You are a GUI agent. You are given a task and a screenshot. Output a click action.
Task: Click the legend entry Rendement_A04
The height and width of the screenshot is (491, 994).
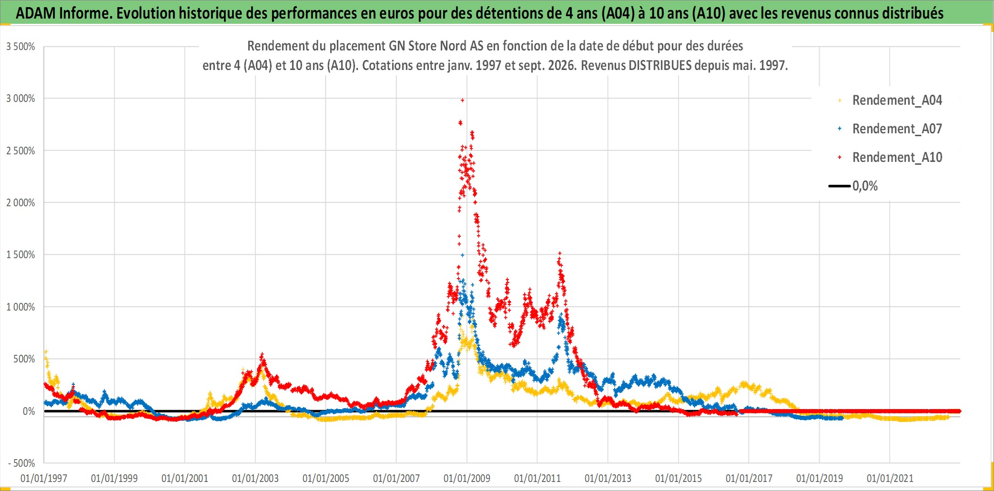coord(890,100)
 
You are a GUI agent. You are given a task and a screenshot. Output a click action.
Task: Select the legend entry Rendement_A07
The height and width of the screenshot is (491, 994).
coord(890,129)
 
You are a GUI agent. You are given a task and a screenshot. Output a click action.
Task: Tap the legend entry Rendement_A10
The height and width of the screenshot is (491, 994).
coord(890,158)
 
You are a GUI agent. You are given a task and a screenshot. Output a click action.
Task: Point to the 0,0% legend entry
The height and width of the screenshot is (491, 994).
coord(853,186)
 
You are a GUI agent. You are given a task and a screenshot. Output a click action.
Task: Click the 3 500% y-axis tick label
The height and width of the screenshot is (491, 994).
coord(20,47)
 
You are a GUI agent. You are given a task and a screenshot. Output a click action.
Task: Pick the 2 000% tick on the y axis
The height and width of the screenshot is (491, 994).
coord(20,203)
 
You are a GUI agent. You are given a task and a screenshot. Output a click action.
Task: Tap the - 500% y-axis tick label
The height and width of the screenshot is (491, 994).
coord(21,463)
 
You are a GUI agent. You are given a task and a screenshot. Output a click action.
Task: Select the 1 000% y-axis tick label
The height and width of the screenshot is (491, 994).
coord(20,307)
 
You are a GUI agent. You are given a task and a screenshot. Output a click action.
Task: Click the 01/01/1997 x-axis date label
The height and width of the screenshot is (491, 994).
coord(44,478)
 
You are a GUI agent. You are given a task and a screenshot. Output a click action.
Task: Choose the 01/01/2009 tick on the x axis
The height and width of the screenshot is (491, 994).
coord(467,478)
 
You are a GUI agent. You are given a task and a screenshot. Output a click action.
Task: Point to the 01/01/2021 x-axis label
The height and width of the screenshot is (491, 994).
coord(890,478)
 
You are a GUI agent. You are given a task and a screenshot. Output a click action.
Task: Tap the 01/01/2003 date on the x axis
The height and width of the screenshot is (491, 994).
coord(255,478)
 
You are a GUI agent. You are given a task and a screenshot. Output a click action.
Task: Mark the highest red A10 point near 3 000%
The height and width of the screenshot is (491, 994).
coord(462,100)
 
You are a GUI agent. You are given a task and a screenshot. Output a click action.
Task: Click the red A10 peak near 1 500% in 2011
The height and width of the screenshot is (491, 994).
coord(560,253)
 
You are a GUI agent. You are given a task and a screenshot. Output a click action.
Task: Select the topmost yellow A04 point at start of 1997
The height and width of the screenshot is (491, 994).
coord(46,351)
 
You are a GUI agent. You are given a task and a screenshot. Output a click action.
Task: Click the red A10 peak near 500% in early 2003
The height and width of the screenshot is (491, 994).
coord(262,355)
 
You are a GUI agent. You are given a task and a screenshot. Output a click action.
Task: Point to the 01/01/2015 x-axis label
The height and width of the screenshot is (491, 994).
coord(679,478)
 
